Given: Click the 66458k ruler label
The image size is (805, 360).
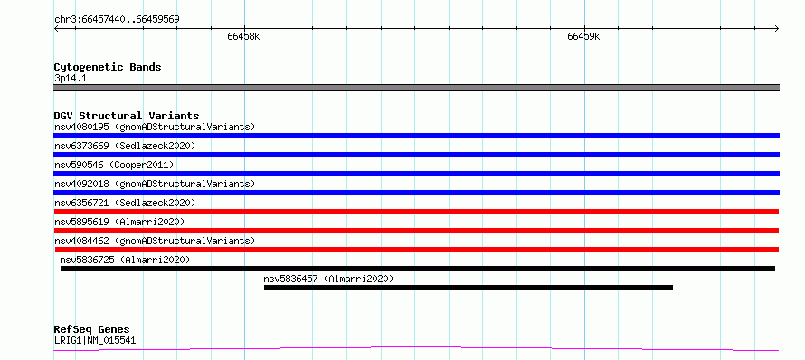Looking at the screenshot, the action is pos(244,37).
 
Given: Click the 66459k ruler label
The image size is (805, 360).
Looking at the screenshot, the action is pos(584,37).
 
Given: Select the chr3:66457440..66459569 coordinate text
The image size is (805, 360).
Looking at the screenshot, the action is pos(117,20).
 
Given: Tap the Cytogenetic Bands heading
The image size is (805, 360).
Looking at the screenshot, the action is pos(108,67).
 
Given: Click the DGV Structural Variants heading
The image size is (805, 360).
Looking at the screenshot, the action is pos(127,116).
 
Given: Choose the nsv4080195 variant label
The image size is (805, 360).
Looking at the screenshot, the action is pos(155,127).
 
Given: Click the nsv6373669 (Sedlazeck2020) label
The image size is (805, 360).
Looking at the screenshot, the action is pos(125,146).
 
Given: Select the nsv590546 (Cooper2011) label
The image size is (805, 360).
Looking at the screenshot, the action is pos(114,165).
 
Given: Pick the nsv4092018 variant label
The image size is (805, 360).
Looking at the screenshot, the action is pos(155,184).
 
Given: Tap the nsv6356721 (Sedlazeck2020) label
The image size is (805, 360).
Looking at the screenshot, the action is pos(125,203).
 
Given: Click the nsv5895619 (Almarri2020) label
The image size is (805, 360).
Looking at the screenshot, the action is pos(119,222).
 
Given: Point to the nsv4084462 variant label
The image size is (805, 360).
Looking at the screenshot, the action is pos(155,241).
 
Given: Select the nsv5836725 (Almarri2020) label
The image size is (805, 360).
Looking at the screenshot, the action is pos(125,260).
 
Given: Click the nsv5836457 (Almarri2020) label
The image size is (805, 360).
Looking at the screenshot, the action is pos(328,279).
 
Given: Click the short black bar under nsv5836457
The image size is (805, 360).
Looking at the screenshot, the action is pos(469,288).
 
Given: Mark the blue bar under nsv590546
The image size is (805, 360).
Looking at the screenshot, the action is pos(416,174).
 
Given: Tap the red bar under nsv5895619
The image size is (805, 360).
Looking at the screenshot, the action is pos(416,231).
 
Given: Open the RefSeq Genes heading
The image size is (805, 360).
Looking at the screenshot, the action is pos(92,330).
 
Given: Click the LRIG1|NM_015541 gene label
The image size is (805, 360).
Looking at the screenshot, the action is pos(95,340).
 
